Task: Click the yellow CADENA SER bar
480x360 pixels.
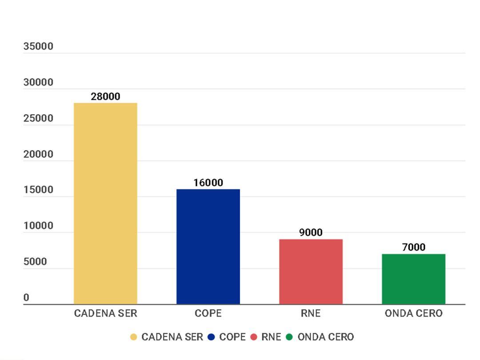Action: point(105,204)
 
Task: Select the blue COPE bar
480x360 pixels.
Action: point(208,247)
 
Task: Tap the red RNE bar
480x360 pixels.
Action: point(311,272)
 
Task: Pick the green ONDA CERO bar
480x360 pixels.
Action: point(413,279)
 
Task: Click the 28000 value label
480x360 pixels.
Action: point(105,96)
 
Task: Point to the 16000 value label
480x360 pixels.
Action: point(208,183)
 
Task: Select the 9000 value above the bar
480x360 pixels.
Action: point(311,232)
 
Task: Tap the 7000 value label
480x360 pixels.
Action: point(413,247)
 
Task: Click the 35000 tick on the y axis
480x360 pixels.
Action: point(38,46)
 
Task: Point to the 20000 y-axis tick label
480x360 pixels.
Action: point(38,154)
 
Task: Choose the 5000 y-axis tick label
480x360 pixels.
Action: point(36,262)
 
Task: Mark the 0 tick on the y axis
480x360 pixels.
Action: point(27,298)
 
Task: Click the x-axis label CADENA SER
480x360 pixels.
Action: point(105,313)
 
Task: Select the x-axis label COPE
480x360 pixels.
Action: point(208,313)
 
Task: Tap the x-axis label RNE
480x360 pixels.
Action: point(311,313)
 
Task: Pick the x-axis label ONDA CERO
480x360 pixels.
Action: point(413,313)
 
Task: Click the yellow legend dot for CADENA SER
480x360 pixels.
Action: point(133,337)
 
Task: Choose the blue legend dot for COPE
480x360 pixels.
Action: point(211,337)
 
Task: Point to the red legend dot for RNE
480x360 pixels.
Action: point(254,337)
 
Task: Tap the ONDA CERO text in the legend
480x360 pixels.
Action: point(326,337)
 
